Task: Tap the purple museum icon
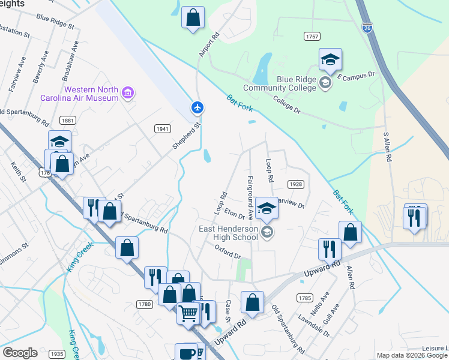127,93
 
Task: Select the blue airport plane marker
197,107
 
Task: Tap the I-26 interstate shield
367,28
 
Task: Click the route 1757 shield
312,37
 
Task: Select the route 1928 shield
295,184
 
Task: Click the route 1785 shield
305,298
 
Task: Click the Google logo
20,353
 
